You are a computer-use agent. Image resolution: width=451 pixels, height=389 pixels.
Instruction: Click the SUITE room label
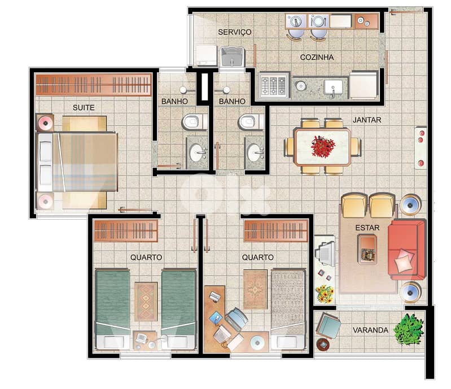(84, 107)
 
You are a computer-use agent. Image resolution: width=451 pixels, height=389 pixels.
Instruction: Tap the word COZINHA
(317, 57)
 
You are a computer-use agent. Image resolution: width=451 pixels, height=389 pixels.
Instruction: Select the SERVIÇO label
(235, 32)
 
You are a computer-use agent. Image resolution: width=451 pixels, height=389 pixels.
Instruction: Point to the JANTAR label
(367, 120)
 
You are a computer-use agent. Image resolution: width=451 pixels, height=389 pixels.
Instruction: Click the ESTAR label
(367, 228)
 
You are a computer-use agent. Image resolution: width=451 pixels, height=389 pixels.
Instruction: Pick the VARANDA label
(370, 330)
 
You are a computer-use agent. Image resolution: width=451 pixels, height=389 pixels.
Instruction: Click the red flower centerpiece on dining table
(323, 146)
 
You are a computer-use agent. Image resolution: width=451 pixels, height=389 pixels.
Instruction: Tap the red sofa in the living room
(406, 249)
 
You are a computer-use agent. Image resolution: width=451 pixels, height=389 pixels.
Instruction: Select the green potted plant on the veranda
(409, 329)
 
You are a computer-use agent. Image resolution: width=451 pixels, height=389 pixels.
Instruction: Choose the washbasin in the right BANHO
(255, 152)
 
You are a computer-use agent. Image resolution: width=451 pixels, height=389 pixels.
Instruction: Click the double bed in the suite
(79, 162)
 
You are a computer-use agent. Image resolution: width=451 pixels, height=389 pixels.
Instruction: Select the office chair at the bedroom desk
(236, 321)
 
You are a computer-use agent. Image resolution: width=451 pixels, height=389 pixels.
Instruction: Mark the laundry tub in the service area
(231, 56)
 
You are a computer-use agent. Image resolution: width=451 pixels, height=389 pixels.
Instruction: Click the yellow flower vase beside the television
(324, 293)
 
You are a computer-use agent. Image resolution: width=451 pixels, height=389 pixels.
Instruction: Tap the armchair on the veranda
(328, 326)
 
